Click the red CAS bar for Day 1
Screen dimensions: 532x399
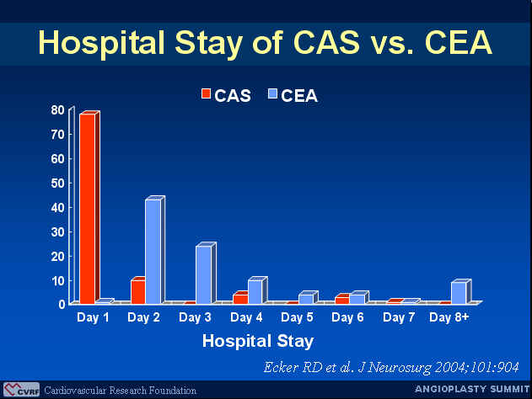pos(88,209)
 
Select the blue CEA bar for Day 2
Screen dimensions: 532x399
pos(153,252)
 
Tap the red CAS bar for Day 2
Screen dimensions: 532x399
pos(138,292)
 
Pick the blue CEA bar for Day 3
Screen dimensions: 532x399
pos(203,274)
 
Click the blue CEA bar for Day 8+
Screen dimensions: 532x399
pos(459,293)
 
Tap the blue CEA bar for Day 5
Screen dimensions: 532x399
pos(306,299)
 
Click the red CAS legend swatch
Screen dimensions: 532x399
pos(206,93)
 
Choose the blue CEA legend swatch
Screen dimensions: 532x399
pos(273,93)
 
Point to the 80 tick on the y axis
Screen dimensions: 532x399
pos(57,109)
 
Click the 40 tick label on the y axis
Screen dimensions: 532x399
pos(57,207)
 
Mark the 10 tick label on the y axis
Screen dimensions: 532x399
pos(57,281)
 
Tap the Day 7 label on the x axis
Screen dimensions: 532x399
pos(399,317)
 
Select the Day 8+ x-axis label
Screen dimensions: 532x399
pos(449,317)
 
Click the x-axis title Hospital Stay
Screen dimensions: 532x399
pos(258,342)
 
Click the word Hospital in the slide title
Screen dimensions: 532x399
pos(102,44)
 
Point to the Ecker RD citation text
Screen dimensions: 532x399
pos(391,367)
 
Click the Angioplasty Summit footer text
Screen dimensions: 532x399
pos(472,389)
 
